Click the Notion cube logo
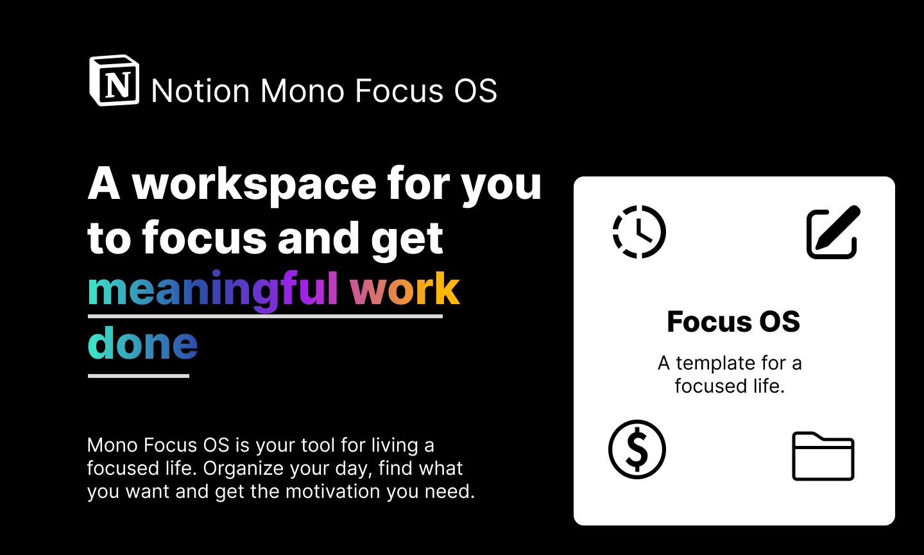click(x=114, y=80)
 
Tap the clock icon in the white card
click(x=639, y=232)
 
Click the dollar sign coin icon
click(x=637, y=449)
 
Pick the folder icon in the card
click(x=823, y=456)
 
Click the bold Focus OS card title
click(x=733, y=321)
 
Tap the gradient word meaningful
click(x=213, y=290)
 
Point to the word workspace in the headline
click(x=254, y=184)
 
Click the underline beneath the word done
click(x=139, y=375)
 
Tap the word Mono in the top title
click(x=302, y=90)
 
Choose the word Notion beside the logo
click(x=200, y=90)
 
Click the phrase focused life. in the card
click(x=730, y=386)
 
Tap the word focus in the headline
click(x=205, y=238)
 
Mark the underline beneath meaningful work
click(x=265, y=316)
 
